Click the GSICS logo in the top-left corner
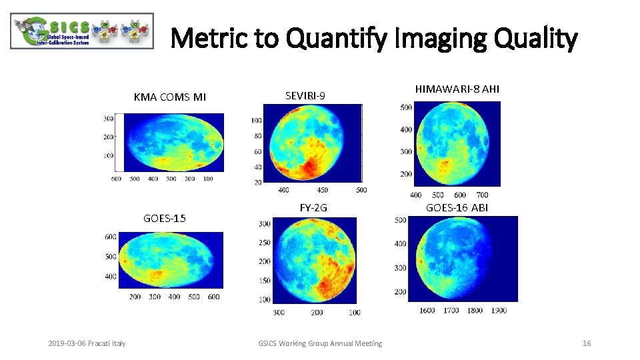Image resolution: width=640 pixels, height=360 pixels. (x=81, y=31)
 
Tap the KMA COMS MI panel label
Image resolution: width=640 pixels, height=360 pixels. (x=170, y=97)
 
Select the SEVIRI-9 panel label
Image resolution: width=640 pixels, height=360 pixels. (x=305, y=96)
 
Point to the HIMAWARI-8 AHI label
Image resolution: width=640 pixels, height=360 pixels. (x=457, y=89)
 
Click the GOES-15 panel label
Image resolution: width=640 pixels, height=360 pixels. (x=165, y=218)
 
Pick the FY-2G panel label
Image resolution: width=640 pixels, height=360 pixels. (x=313, y=207)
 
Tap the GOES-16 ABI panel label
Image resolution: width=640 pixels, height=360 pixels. (x=457, y=207)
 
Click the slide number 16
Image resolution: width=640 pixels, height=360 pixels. (x=587, y=343)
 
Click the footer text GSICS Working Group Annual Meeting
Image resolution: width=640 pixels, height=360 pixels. (x=320, y=343)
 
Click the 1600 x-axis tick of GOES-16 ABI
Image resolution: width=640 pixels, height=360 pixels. (x=427, y=310)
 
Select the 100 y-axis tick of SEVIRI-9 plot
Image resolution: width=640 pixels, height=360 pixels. (x=256, y=121)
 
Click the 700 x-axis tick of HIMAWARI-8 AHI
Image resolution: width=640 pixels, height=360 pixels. (x=482, y=195)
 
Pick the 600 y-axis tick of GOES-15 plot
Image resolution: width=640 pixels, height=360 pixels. (x=111, y=237)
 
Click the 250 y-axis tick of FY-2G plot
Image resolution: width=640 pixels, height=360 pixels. (x=264, y=243)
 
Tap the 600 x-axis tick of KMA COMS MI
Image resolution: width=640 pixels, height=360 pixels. (x=116, y=179)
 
